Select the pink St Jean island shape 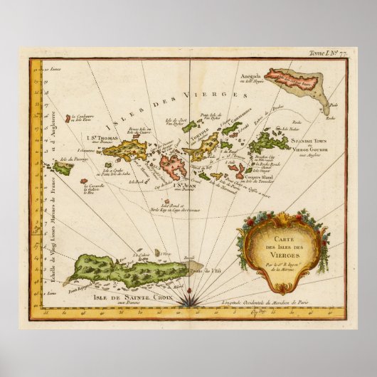point(173,166)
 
